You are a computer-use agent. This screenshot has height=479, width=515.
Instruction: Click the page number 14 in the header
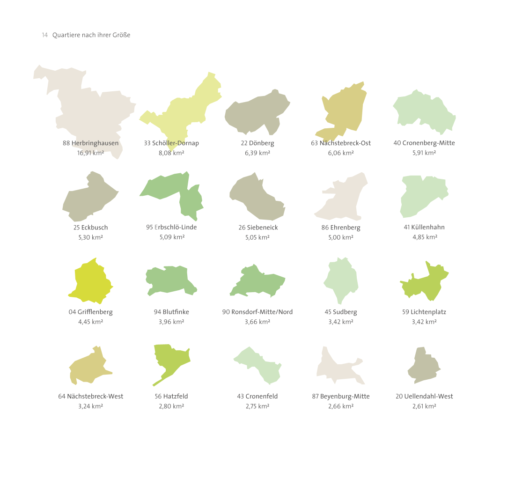[44, 35]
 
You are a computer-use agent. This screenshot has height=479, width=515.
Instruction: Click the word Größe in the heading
[121, 35]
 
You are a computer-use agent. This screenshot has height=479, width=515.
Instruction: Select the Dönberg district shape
[255, 112]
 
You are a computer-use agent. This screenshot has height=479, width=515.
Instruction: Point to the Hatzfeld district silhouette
[171, 361]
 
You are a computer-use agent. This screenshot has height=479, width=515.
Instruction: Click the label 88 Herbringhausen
[90, 143]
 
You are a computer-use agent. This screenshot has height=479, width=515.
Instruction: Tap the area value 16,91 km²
[90, 153]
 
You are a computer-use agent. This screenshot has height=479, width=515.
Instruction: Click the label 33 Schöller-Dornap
[171, 143]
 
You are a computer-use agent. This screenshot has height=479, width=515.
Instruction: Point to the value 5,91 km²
[424, 153]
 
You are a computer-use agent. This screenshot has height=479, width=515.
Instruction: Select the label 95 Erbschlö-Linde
[171, 227]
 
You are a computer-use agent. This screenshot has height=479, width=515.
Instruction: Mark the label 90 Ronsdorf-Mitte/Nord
[257, 312]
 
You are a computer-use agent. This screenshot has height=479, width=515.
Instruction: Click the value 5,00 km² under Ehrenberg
[341, 237]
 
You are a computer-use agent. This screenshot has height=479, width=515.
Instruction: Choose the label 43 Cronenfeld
[257, 396]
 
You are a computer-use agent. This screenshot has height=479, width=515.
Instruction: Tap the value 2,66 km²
[341, 406]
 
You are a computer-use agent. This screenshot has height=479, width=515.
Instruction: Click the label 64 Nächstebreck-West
[90, 396]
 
